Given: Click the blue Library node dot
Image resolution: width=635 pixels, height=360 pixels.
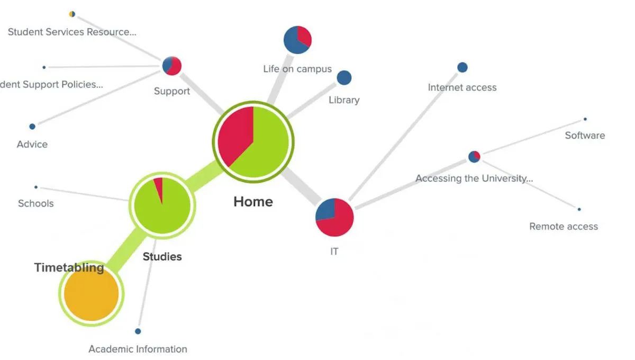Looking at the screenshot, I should click(344, 78).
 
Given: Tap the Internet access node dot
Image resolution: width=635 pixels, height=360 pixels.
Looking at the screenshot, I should click(462, 67).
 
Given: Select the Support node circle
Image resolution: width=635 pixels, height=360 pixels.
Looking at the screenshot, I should click(172, 66).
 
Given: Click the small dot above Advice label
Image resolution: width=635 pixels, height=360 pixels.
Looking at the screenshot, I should click(32, 127).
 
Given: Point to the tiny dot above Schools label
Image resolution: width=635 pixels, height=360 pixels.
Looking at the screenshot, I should click(36, 187).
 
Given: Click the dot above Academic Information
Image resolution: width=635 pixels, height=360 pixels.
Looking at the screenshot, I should click(138, 331).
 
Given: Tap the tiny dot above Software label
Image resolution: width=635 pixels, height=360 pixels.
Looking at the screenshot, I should click(585, 119).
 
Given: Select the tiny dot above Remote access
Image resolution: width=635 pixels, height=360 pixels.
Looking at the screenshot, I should click(579, 210).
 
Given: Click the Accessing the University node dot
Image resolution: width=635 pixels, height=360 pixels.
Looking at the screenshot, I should click(474, 157).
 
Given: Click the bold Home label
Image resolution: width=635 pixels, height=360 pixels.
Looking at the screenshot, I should click(253, 202).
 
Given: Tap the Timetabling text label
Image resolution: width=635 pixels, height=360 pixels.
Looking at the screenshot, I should click(69, 267).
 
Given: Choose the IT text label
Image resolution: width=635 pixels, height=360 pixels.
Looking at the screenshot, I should click(334, 251).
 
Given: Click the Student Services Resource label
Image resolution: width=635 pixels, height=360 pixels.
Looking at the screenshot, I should click(72, 32).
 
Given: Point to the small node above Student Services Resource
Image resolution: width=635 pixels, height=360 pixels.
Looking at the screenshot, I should click(72, 14).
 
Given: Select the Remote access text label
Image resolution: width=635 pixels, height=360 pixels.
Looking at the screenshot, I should click(564, 227).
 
